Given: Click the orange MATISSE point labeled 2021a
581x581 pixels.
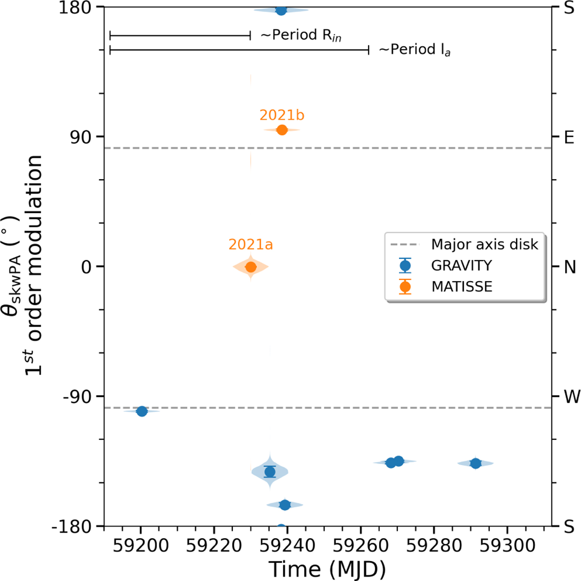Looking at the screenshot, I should point(250,267).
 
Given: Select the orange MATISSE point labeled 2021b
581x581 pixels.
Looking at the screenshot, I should point(282,130).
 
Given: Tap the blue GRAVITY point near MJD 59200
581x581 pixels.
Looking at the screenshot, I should point(142,411).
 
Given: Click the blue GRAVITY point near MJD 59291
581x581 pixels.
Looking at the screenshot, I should point(475,463).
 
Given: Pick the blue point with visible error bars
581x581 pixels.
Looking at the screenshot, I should point(270,471).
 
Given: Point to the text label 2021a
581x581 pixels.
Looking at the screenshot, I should point(250,245).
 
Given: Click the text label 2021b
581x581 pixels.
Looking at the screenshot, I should point(282,115).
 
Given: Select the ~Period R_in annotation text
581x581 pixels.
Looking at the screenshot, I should point(301,36).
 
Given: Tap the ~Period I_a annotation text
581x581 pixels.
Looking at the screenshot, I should point(414,50).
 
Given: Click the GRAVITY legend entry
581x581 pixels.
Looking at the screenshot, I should point(461,266).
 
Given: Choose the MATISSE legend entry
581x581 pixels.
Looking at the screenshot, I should point(461,286).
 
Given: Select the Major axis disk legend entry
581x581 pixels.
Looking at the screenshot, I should point(484,244).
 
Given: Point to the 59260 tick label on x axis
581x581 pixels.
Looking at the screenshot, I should point(361,546).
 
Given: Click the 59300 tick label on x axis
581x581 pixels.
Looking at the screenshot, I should point(507,546).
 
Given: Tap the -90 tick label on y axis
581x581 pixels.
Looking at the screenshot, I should point(80,396).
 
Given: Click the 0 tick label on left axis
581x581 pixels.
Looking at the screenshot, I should point(86,267).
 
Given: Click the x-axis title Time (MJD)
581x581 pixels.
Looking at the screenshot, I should point(327,568).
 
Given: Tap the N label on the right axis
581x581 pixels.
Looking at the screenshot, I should point(570,267).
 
